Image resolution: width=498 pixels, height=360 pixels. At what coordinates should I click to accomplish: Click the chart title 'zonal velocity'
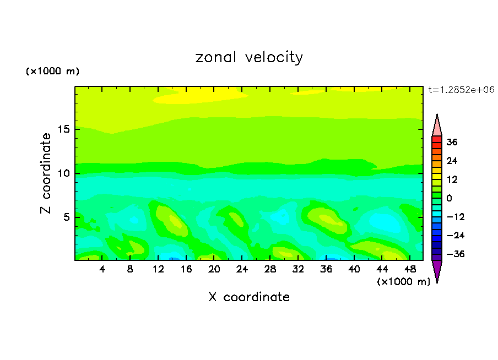click(x=249, y=57)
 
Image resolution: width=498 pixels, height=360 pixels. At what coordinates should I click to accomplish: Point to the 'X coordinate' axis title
click(x=249, y=297)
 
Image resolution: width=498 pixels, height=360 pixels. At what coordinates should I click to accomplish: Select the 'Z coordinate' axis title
click(x=46, y=173)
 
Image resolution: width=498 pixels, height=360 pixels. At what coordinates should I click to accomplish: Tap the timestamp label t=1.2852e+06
click(x=461, y=89)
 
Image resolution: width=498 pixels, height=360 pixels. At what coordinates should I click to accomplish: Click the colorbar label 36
click(x=452, y=142)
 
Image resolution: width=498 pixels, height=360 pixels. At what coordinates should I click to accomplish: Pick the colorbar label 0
click(x=450, y=198)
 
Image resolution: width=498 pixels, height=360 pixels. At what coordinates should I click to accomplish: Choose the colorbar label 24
click(x=452, y=161)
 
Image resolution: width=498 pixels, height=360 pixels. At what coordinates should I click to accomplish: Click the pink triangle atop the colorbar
click(x=437, y=126)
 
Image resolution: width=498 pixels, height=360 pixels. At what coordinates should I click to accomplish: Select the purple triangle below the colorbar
click(x=437, y=270)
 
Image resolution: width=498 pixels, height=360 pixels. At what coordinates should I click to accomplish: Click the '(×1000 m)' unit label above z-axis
click(x=52, y=72)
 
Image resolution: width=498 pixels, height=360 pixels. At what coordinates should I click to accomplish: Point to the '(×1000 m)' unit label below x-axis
click(x=403, y=282)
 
